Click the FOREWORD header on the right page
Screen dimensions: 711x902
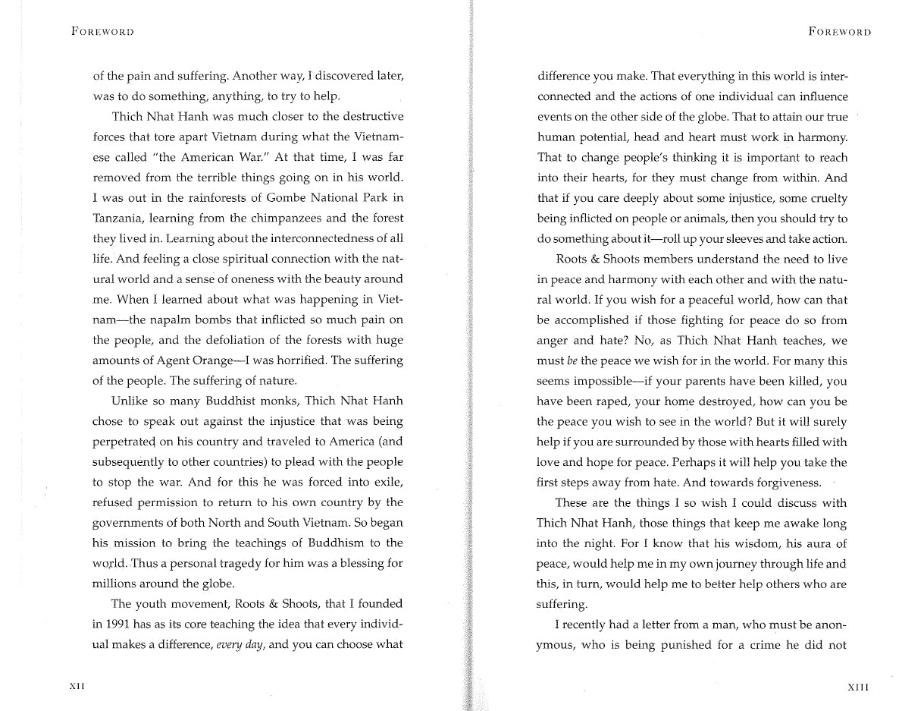point(839,32)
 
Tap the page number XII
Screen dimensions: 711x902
point(77,686)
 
